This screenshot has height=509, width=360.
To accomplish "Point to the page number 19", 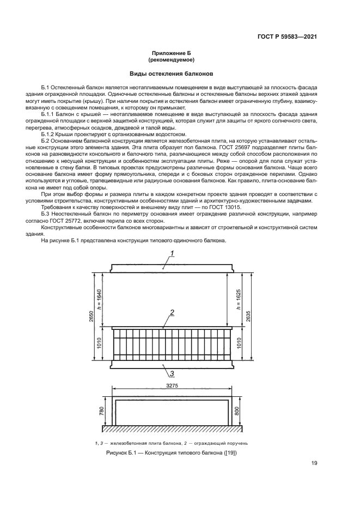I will pos(314,463).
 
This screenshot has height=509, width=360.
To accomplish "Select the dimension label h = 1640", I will pos(100,299).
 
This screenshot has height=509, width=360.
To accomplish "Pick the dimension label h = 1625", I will pos(238,299).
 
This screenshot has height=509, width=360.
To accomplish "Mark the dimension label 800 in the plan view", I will pos(236,411).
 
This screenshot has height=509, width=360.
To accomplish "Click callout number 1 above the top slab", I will pos(172,253).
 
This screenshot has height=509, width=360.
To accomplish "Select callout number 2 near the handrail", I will pos(172,312).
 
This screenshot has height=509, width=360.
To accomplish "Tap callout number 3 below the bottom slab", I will pos(172,373).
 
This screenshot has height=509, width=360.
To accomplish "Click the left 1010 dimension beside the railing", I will pos(100,344).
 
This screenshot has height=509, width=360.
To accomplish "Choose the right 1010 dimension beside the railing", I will pos(238,344).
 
